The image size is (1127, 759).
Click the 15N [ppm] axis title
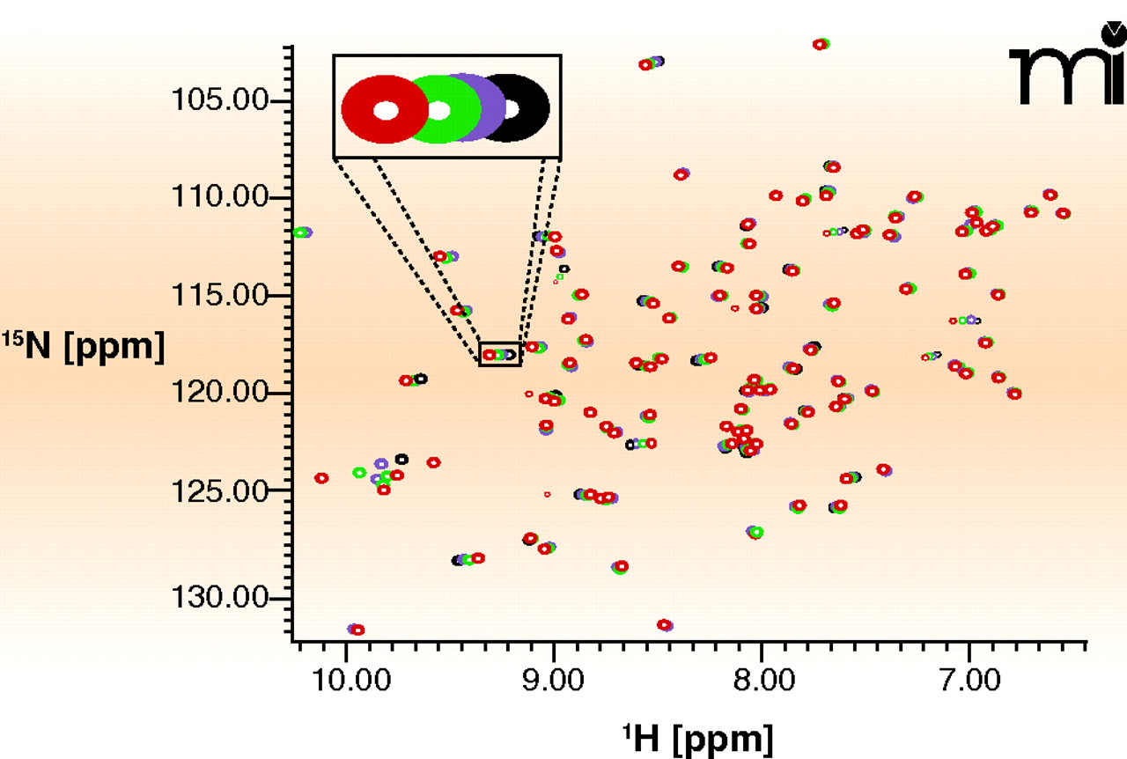coord(84,347)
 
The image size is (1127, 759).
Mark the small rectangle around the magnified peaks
coord(500,353)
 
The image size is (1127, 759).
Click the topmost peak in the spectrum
coord(821,44)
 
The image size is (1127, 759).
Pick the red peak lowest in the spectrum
coord(357,630)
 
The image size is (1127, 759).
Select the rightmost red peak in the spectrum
coord(1063,213)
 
